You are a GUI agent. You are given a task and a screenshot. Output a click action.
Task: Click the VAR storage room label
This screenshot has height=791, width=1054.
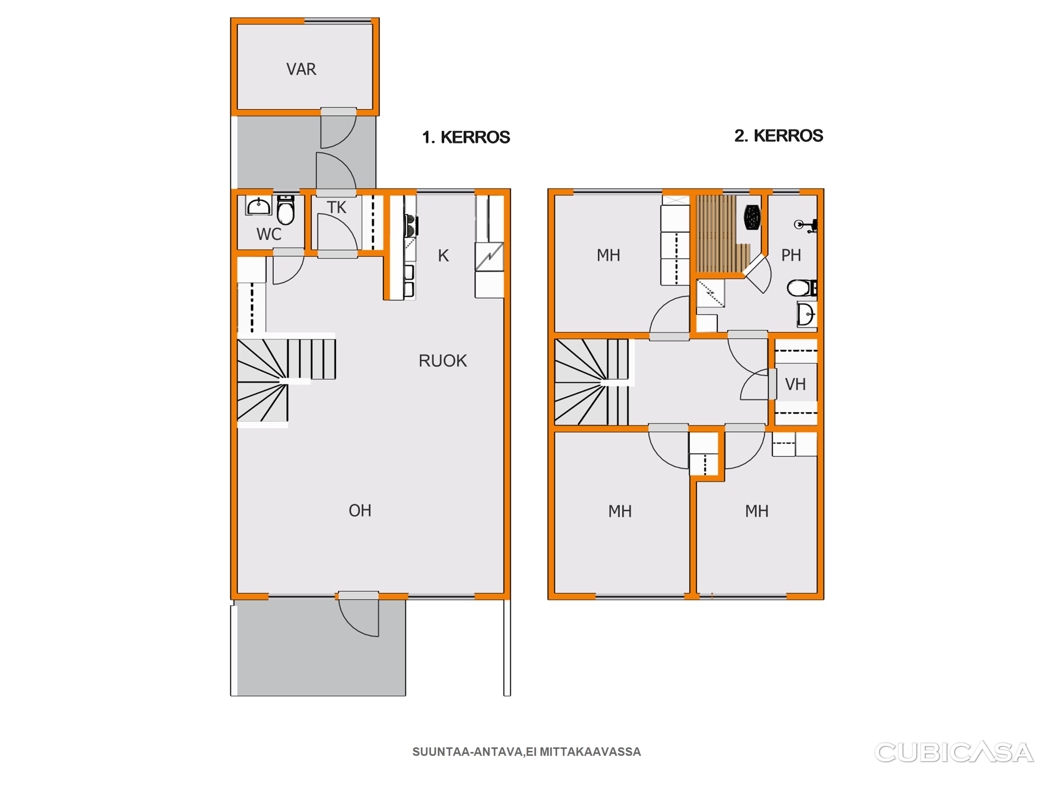pos(301,69)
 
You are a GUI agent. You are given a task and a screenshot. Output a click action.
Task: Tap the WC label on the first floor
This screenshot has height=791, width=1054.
pos(269,234)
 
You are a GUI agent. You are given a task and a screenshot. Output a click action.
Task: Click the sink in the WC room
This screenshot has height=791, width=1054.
pos(258,207)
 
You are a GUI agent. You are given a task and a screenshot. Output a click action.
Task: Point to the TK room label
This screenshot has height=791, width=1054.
pos(336,207)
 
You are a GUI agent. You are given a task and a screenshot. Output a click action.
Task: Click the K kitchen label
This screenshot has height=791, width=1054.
pos(443,256)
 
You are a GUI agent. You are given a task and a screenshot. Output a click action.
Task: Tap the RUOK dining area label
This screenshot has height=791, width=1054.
pos(443,361)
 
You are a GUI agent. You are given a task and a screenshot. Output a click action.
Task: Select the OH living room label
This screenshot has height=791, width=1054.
pos(360,511)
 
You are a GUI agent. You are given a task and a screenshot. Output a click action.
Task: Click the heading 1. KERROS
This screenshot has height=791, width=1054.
pos(466,137)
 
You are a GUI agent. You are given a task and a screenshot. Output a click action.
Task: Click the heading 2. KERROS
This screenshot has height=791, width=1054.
pos(779,136)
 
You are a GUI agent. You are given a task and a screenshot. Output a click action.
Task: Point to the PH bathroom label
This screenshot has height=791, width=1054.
pos(791,255)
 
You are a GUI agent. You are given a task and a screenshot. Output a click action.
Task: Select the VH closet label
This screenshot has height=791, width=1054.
pos(795,384)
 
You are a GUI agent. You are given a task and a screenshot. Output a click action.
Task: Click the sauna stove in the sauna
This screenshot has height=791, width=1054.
pos(752,217)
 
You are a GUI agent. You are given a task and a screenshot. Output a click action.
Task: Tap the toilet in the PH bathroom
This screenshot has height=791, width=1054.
pos(802,288)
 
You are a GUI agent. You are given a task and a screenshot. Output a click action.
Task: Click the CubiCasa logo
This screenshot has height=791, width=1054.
pos(954,752)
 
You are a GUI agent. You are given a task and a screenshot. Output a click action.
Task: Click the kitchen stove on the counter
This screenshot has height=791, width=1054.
pos(411,226)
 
